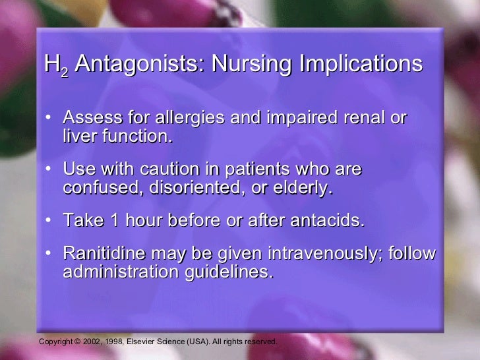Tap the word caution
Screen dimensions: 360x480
coord(172,169)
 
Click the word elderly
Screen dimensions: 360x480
coord(303,187)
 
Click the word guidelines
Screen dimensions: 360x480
coord(233,272)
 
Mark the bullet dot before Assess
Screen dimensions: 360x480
coord(50,119)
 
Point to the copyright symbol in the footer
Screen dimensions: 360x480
coord(76,342)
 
